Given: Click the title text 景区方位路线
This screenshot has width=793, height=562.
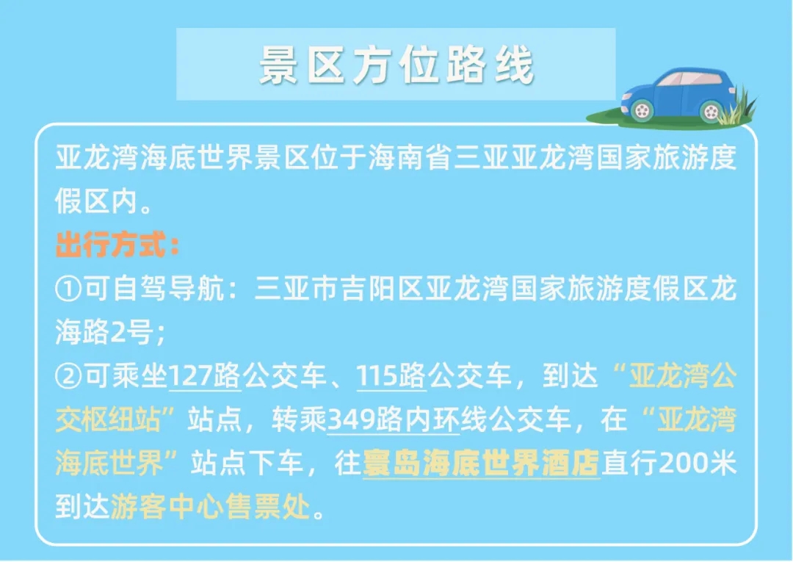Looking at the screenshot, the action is tap(396, 65).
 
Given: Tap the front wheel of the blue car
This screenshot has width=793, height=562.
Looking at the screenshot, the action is tap(642, 109).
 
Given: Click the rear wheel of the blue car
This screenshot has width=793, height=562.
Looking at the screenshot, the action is tap(711, 111).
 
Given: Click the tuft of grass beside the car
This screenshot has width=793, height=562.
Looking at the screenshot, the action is tap(736, 107).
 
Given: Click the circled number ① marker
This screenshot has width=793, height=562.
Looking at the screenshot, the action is tap(68, 289).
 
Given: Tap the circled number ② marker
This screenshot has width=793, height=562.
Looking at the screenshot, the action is tap(68, 376).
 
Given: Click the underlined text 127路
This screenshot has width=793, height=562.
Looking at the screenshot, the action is tap(204, 376).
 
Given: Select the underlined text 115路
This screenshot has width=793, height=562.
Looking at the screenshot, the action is tap(391, 376).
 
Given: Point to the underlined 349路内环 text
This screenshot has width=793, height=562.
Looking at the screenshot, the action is tap(394, 419).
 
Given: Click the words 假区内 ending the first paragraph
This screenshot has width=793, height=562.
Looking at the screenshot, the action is tap(96, 201).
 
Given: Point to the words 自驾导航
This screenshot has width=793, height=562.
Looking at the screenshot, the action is tap(168, 289).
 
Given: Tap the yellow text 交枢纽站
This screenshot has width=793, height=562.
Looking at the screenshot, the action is tap(108, 419).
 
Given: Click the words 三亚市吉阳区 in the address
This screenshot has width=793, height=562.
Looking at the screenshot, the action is tap(338, 289).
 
